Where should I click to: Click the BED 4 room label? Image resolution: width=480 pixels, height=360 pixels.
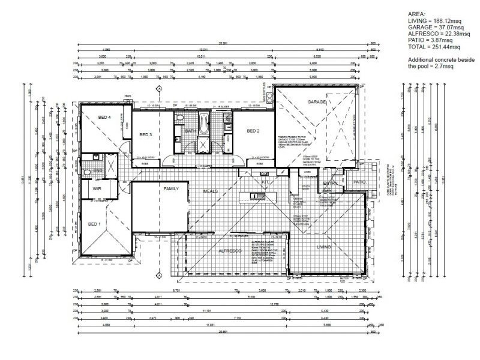[x=103, y=118]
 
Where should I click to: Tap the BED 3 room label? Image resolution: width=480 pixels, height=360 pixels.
[x=145, y=136]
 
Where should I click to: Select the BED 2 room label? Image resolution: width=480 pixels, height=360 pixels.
[x=253, y=131]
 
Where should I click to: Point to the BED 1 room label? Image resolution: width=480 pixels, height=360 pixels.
[x=95, y=224]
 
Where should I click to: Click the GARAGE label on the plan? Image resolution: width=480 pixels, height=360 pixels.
[x=317, y=102]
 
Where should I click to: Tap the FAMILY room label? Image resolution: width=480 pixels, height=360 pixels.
[x=172, y=188]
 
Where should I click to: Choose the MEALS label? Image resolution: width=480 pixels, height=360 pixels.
[x=209, y=192]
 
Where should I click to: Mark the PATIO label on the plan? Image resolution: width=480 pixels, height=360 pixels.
[x=359, y=182]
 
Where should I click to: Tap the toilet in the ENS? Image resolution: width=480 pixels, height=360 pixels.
[x=86, y=171]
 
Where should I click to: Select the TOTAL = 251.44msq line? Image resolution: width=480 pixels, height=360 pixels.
[x=434, y=47]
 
